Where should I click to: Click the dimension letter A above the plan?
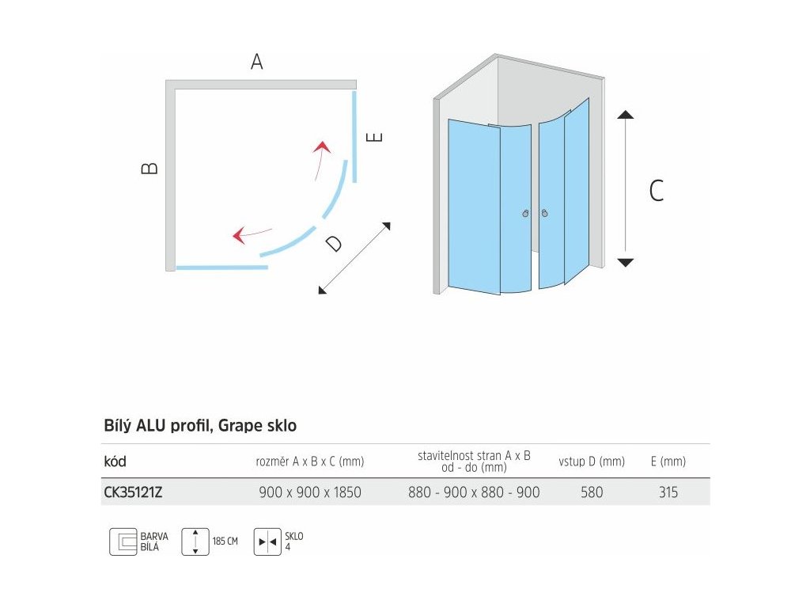256,63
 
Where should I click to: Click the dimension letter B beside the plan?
150,168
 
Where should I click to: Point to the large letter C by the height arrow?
657,191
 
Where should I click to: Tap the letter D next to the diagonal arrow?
335,244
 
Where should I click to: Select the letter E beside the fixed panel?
376,137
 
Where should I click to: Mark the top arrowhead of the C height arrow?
626,115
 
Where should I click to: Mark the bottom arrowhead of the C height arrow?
626,262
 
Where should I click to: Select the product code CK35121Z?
133,492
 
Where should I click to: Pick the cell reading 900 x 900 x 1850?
310,492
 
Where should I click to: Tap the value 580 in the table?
591,492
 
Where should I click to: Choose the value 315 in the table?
668,492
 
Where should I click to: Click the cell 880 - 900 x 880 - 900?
474,492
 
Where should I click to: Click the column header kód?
115,462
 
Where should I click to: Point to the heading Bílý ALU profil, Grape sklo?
200,426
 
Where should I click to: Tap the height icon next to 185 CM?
195,541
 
